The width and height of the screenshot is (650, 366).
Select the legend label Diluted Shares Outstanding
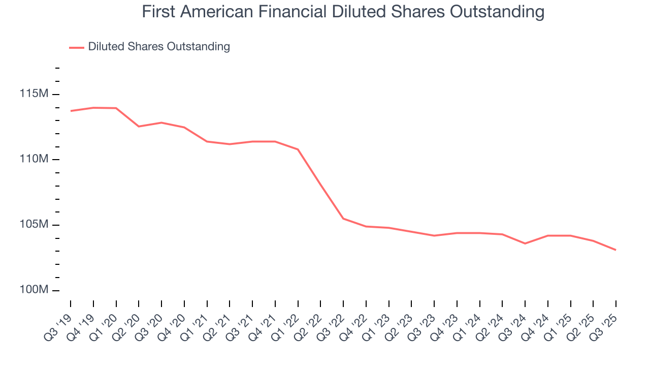click(x=159, y=47)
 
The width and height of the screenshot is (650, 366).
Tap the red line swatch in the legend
click(x=76, y=47)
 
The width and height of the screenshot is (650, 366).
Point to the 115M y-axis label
click(x=34, y=94)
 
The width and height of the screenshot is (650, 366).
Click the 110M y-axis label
click(x=34, y=159)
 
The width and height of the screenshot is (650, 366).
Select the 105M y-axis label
click(x=34, y=225)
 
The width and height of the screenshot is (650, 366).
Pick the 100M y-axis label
click(x=34, y=290)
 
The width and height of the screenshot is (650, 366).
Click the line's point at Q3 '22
click(x=343, y=219)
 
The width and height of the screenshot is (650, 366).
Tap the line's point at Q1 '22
click(x=298, y=149)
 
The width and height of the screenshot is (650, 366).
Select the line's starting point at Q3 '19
click(x=71, y=111)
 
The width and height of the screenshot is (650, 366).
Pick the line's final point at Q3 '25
click(x=616, y=250)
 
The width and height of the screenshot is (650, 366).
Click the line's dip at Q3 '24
click(x=525, y=243)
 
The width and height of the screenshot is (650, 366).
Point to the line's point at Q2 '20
click(x=139, y=126)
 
